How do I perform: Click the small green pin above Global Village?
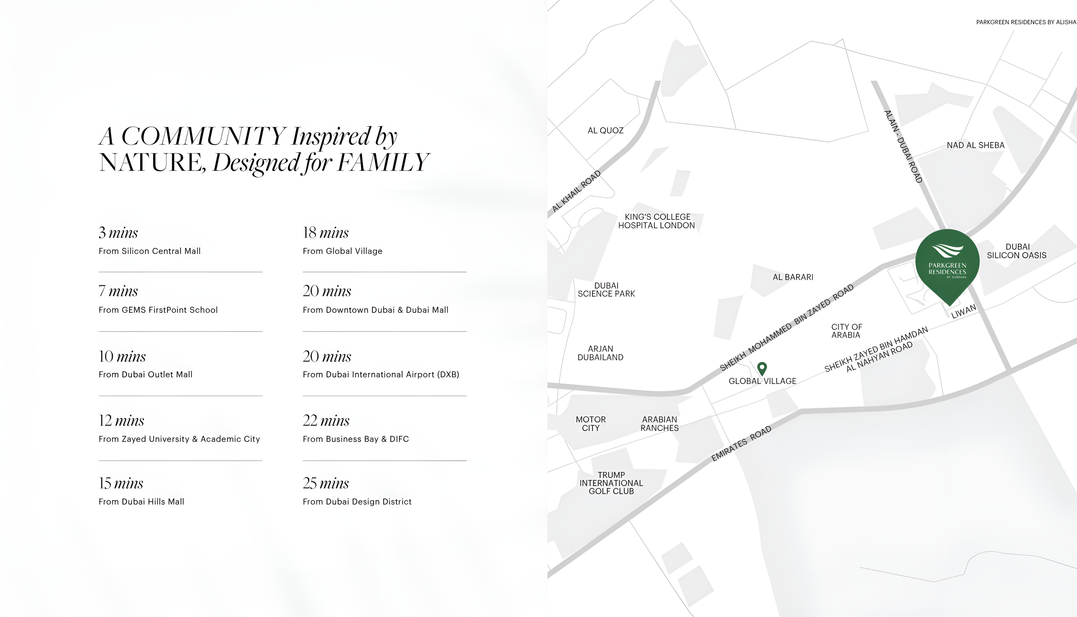coord(762,369)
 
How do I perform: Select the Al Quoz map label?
coord(606,131)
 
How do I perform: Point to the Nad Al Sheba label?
coord(975,145)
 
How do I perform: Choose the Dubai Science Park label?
coord(607,290)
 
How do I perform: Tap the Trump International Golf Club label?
coord(611,483)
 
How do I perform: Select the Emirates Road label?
coord(742,444)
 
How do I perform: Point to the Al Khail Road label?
coord(576,191)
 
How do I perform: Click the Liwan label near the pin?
coord(964,311)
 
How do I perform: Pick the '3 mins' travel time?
coord(118,233)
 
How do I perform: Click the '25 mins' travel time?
coord(326,483)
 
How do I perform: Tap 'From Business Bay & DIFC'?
coord(356,439)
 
